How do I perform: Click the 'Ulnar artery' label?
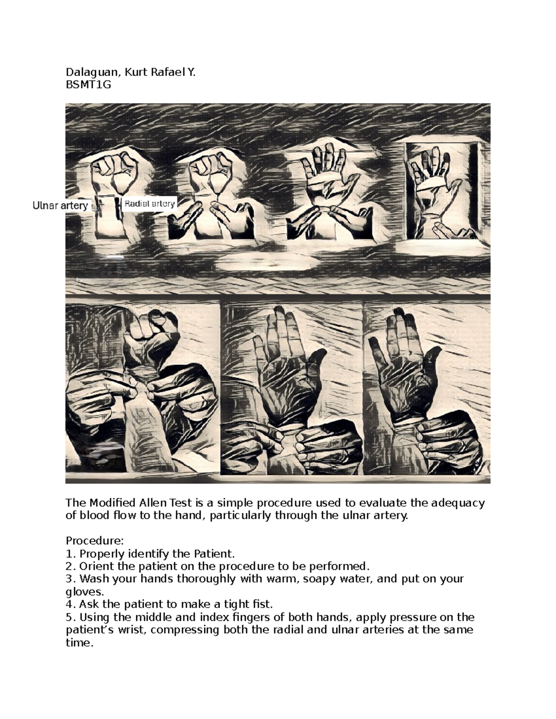pos(60,206)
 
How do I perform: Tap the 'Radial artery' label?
pos(150,204)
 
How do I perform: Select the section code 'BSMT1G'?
pos(88,85)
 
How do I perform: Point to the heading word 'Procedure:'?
pos(95,541)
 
